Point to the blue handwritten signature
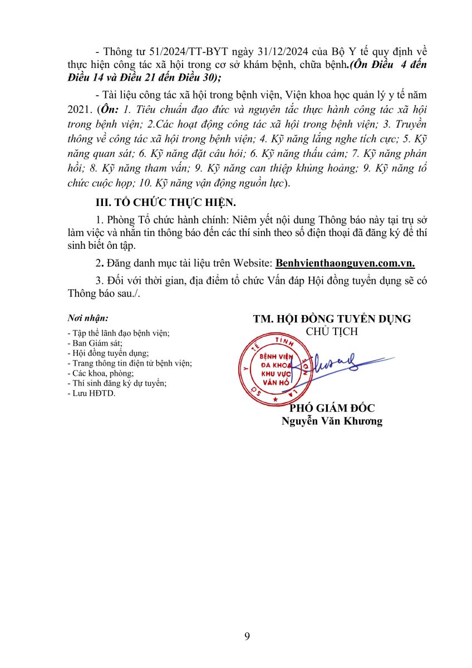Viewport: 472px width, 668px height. (334, 367)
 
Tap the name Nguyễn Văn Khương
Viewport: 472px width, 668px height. (332, 421)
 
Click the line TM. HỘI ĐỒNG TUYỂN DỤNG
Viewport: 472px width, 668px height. (332, 319)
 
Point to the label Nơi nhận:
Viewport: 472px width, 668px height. (88, 318)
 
